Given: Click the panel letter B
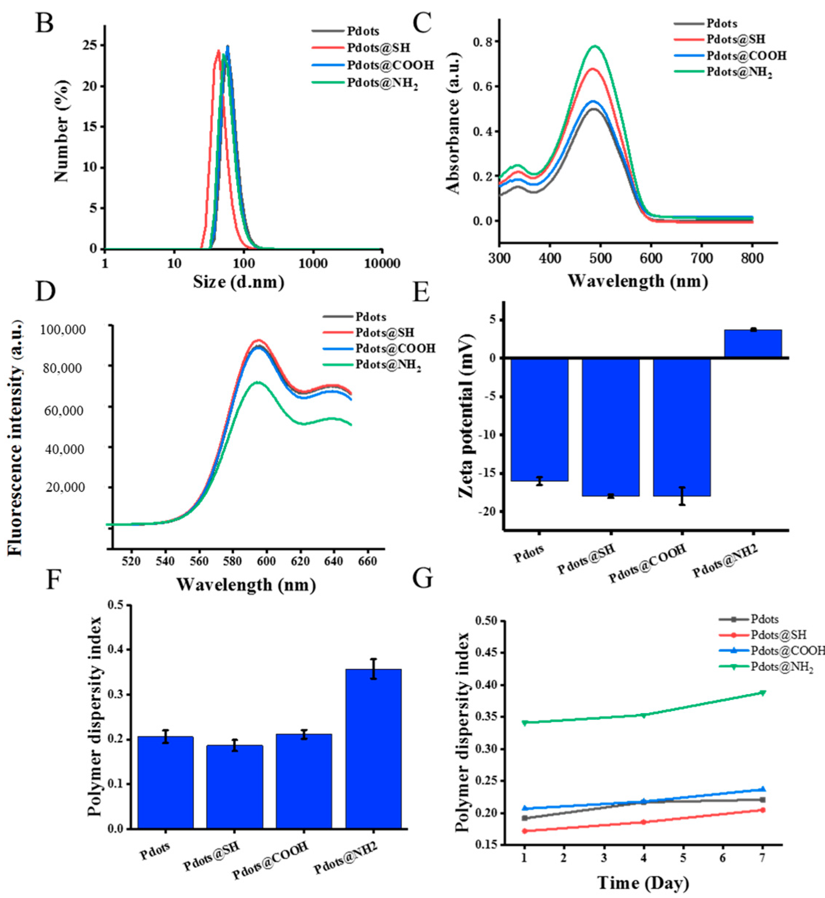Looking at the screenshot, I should (x=45, y=23).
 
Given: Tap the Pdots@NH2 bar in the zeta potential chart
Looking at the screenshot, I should (x=753, y=343).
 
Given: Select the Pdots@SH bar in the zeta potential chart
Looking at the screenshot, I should (x=611, y=426).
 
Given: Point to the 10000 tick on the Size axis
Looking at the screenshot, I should (x=382, y=264).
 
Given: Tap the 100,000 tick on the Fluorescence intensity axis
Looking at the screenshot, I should (x=63, y=330).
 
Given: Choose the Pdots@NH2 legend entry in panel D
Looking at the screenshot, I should (x=387, y=365).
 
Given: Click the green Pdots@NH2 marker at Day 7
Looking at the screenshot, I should (x=762, y=693).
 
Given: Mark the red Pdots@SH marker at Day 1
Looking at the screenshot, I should (x=525, y=831).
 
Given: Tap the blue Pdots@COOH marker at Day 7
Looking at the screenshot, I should (x=762, y=789).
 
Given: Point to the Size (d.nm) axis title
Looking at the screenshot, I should (x=239, y=282).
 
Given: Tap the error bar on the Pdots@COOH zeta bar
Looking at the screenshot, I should (x=682, y=496).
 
